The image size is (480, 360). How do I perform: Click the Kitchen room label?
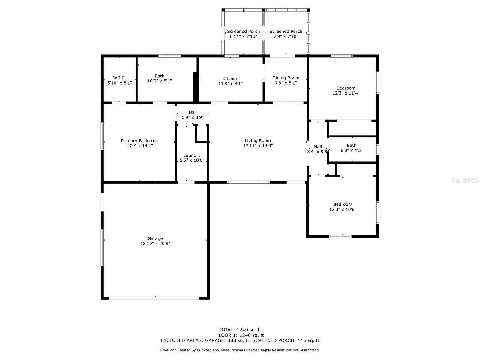tap(230, 79)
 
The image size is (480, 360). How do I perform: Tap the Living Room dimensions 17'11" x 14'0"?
tap(258, 145)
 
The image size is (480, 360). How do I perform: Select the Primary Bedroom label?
tap(139, 141)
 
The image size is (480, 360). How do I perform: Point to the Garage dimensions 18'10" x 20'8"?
tap(155, 244)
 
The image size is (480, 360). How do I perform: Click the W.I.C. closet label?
tap(119, 78)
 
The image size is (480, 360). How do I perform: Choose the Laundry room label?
tap(192, 155)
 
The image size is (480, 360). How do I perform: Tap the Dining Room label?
tap(286, 78)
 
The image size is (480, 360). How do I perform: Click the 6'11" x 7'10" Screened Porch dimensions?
tap(243, 37)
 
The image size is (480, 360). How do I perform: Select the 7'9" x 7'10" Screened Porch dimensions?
tap(286, 37)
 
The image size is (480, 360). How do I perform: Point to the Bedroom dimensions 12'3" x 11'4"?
tap(346, 93)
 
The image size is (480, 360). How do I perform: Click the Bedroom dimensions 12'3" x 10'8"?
tap(343, 209)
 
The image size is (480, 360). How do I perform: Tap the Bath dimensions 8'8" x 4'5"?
tap(352, 150)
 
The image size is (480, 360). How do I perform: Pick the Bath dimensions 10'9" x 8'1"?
tap(159, 81)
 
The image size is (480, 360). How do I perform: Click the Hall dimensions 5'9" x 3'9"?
tap(193, 117)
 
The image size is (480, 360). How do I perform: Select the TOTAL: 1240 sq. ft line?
tap(240, 330)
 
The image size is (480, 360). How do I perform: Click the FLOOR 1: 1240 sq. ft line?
tap(240, 335)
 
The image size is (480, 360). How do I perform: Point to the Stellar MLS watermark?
tap(465, 180)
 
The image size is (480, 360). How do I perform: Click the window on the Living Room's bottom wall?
tap(248, 182)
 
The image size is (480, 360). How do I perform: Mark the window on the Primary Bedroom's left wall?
tap(102, 136)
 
